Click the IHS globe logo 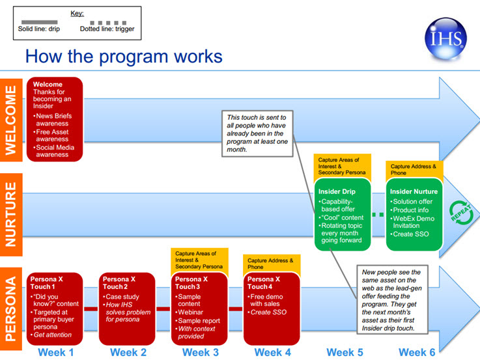445,38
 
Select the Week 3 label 201,352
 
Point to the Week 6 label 417,352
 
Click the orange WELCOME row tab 11,120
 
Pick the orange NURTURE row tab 11,214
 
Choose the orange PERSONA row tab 11,309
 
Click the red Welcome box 55,119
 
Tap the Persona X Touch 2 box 127,309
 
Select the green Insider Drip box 343,214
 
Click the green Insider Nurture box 414,214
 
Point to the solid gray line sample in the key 40,22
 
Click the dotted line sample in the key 108,23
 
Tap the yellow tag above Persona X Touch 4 272,264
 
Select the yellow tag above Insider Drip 342,167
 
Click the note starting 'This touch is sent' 257,133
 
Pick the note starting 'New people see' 392,299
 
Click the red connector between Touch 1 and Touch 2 91,309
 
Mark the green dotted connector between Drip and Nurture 378,215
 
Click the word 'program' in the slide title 134,57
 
